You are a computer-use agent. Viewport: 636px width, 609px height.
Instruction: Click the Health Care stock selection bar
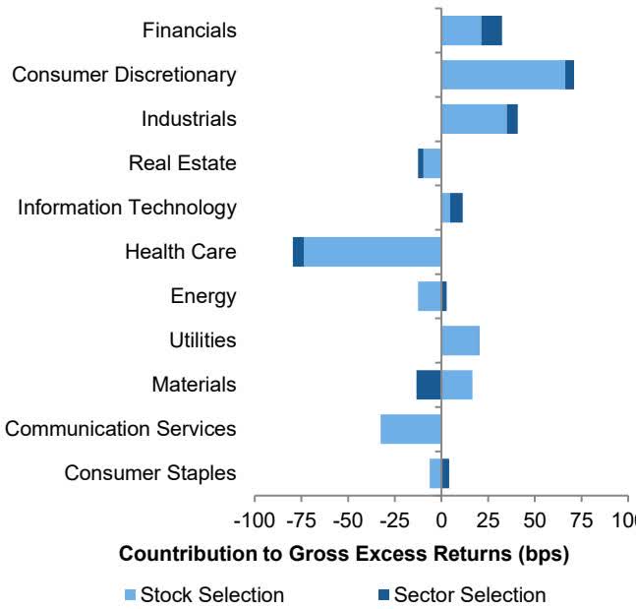[x=372, y=252]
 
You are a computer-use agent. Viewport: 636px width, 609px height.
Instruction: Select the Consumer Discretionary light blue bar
[x=502, y=75]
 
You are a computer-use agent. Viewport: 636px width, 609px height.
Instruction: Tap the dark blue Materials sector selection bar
[x=428, y=385]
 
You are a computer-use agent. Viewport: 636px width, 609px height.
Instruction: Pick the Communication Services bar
[x=410, y=429]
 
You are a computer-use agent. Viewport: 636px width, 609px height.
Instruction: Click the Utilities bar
[x=460, y=340]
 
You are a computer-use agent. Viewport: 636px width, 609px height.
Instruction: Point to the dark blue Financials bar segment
[x=491, y=30]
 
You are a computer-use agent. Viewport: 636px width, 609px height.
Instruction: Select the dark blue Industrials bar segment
[x=512, y=119]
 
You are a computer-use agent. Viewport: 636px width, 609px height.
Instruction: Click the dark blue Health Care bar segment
[x=298, y=252]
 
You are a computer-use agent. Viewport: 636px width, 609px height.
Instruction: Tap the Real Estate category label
[x=183, y=163]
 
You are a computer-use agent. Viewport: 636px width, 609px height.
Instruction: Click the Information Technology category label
[x=127, y=208]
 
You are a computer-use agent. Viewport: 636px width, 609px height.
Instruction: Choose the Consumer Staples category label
[x=150, y=473]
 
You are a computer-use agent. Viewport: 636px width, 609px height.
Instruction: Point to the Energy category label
[x=202, y=296]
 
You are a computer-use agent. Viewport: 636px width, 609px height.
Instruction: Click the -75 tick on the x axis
[x=301, y=518]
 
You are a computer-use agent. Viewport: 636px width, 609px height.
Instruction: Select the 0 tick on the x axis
[x=441, y=518]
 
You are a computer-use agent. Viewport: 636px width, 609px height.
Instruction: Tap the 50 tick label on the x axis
[x=535, y=518]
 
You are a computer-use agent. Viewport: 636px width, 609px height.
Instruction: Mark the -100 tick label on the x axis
[x=255, y=518]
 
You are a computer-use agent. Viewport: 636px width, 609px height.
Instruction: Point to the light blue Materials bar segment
[x=457, y=385]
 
